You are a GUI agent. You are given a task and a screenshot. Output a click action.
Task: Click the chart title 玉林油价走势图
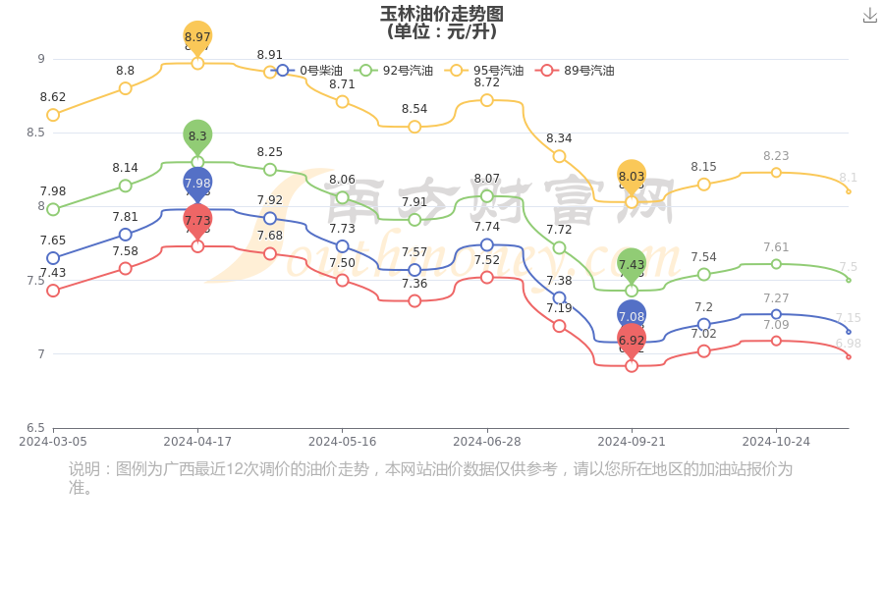click(442, 14)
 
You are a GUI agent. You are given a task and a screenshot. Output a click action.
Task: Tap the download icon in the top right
click(869, 15)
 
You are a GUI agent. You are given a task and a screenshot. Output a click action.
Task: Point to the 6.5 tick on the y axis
click(34, 428)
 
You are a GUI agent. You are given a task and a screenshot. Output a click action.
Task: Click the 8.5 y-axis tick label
click(34, 133)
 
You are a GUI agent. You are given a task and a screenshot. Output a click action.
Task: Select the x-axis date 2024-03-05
click(53, 442)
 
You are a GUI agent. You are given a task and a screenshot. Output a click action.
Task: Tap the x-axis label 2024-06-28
click(487, 442)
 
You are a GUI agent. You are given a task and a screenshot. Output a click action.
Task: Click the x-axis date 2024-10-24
click(776, 442)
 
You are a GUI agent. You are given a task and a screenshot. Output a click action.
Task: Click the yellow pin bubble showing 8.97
click(197, 37)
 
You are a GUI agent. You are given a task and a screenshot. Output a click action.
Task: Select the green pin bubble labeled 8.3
click(197, 136)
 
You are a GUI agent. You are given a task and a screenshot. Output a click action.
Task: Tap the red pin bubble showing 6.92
click(632, 341)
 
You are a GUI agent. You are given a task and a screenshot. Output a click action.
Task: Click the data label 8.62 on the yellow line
click(53, 97)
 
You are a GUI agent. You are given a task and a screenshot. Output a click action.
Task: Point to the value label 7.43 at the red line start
click(53, 273)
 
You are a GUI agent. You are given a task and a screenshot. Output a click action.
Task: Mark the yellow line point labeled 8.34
click(559, 156)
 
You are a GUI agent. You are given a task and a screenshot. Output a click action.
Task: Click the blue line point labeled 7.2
click(704, 324)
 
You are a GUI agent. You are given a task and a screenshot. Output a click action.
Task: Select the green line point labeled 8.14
click(126, 186)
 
